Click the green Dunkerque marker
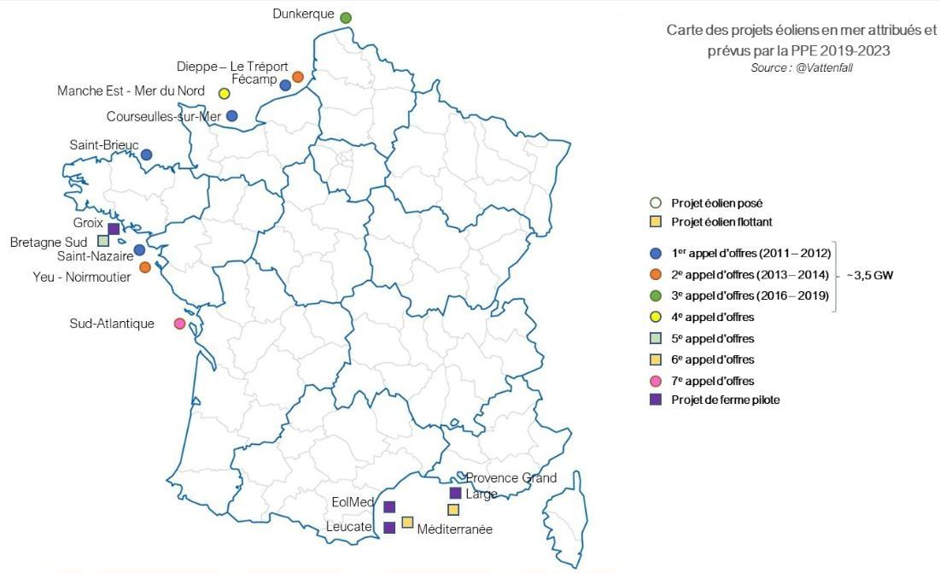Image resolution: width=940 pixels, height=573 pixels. [x=346, y=18]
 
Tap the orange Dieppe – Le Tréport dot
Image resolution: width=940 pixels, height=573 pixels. [x=298, y=77]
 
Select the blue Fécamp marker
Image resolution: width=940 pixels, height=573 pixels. [x=285, y=85]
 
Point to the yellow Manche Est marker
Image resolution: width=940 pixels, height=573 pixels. [x=225, y=94]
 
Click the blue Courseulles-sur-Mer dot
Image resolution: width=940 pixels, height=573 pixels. [x=232, y=116]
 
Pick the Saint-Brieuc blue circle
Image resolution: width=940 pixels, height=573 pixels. [x=147, y=155]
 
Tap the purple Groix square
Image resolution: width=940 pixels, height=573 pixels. [x=114, y=229]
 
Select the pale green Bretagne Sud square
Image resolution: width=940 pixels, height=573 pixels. [x=103, y=241]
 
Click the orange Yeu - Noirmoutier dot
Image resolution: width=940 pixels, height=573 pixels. [x=145, y=267]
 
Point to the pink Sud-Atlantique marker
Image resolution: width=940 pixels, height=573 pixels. [x=179, y=324]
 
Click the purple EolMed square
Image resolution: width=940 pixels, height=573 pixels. [x=389, y=506]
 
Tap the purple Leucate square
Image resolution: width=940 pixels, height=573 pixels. [x=389, y=527]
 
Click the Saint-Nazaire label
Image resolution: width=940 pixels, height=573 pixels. [x=95, y=255]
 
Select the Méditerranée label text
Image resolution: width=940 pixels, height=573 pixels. [x=454, y=529]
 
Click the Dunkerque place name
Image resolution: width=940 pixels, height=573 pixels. [x=303, y=14]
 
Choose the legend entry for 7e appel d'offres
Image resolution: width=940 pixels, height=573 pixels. [x=712, y=381]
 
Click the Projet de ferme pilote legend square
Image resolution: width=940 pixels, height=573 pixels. [x=656, y=400]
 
